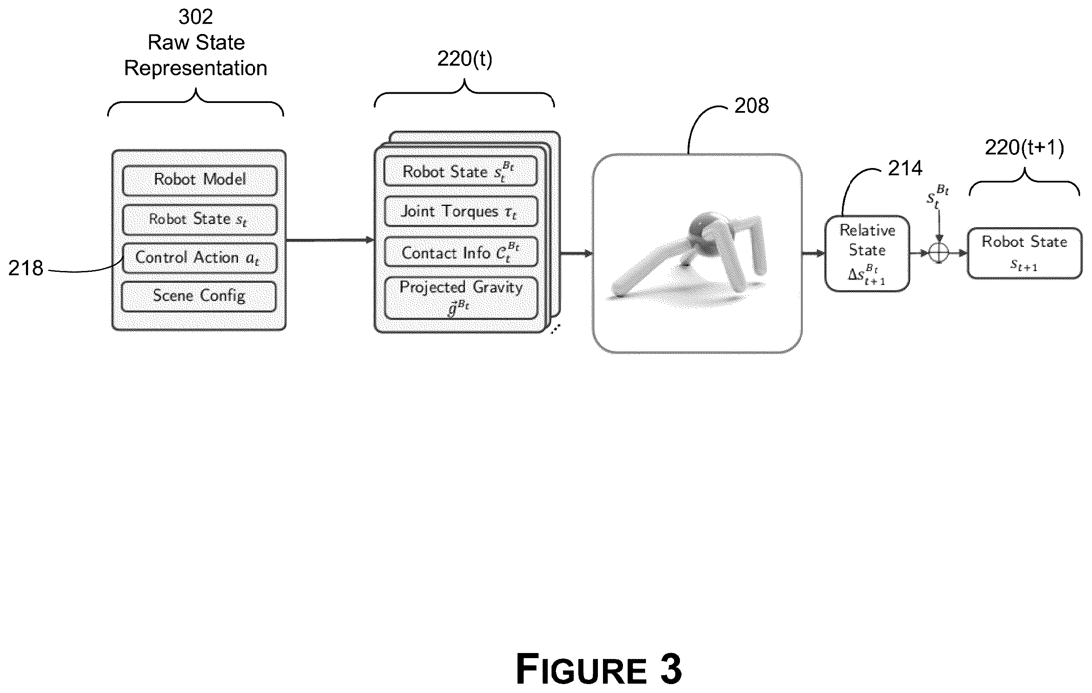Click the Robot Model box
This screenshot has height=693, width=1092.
200,180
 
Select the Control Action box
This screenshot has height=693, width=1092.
200,258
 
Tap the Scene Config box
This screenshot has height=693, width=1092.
199,297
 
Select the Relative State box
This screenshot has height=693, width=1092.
867,254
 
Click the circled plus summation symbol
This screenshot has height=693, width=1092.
939,253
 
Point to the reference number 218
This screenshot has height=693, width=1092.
26,268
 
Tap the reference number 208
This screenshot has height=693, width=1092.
751,106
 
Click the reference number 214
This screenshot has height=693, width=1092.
905,168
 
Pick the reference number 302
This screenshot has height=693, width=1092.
196,17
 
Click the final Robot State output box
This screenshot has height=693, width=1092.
1024,254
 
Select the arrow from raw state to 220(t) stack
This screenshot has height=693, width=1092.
330,240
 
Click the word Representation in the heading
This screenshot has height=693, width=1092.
196,68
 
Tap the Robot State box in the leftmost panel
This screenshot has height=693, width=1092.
200,220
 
